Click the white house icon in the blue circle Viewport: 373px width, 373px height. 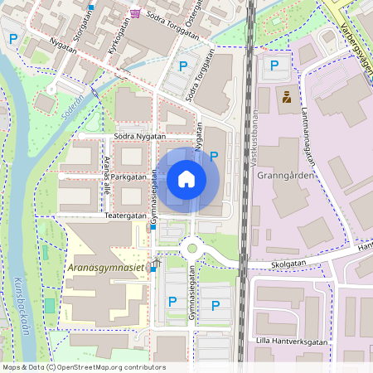tap(186, 178)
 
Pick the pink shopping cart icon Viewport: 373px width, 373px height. tap(135, 13)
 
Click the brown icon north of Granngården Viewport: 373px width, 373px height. tap(287, 97)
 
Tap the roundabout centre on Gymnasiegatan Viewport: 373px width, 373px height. tap(193, 246)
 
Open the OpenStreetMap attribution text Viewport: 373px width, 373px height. tap(84, 367)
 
